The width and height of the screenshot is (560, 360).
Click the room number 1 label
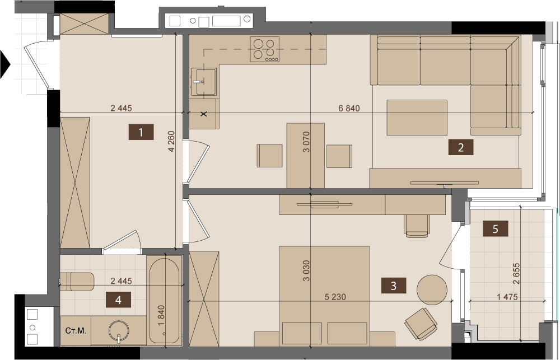(x=141, y=132)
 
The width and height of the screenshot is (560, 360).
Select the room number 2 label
(x=461, y=147)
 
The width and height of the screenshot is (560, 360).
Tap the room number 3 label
(x=394, y=286)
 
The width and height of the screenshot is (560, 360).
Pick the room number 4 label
(x=118, y=300)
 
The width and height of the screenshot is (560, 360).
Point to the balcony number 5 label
(x=496, y=228)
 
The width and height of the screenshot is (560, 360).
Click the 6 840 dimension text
(x=349, y=108)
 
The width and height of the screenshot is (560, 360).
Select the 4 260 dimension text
(x=171, y=142)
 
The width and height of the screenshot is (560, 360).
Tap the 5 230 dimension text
(x=335, y=297)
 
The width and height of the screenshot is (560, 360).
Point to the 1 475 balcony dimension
(x=507, y=297)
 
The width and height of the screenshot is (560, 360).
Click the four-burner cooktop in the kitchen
(x=265, y=49)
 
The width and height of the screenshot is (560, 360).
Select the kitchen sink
(x=203, y=82)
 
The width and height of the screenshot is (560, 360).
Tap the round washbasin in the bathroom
(x=119, y=332)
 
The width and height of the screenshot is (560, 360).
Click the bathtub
(x=164, y=301)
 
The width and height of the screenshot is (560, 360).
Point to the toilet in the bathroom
(x=77, y=282)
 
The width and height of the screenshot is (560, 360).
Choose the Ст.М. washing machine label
(x=76, y=331)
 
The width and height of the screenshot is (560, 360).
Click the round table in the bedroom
(x=432, y=289)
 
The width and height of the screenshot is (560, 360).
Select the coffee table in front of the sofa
(x=417, y=118)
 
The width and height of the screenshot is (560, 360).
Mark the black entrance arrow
(x=5, y=64)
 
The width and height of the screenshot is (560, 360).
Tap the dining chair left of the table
(x=270, y=156)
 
